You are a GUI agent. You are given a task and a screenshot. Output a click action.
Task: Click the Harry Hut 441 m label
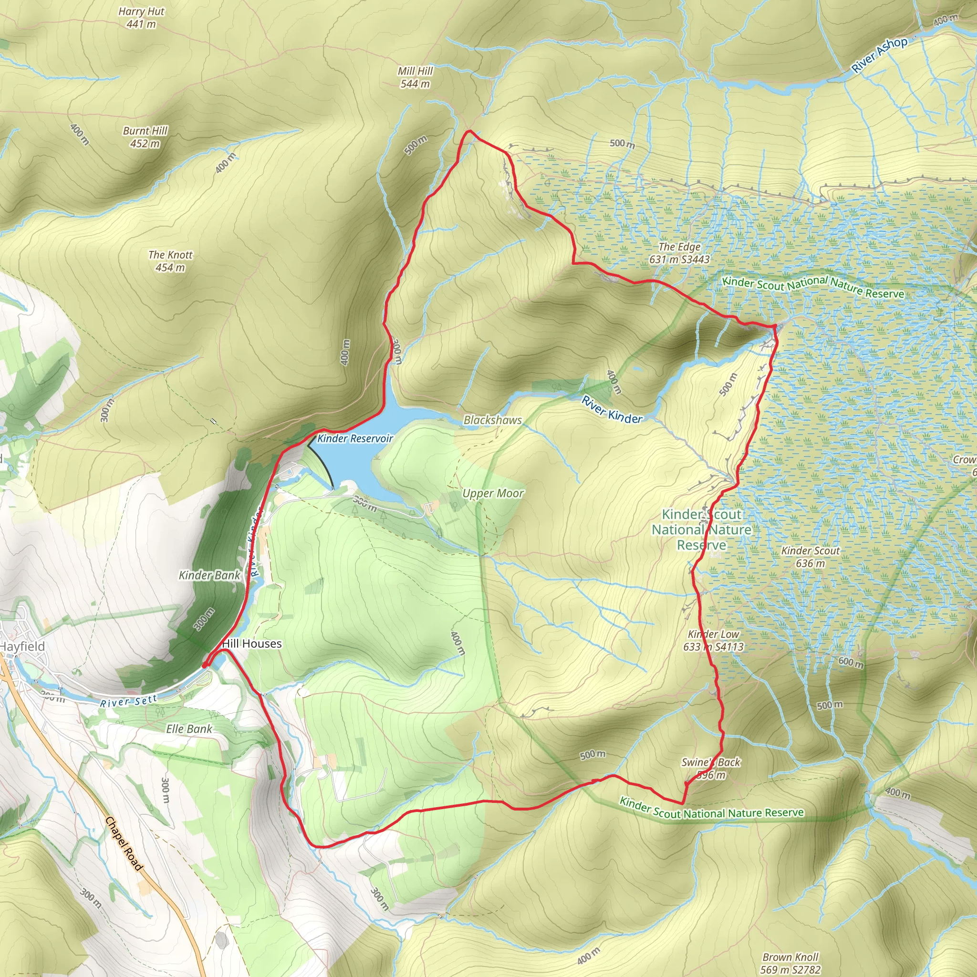pyautogui.click(x=141, y=18)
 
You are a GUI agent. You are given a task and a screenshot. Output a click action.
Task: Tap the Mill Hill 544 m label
pyautogui.click(x=415, y=77)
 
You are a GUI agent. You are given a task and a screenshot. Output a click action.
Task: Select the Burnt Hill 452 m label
pyautogui.click(x=145, y=137)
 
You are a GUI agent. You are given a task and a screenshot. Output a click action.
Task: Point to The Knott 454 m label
pyautogui.click(x=170, y=261)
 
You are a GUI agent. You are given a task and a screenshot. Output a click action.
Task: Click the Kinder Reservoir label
pyautogui.click(x=355, y=438)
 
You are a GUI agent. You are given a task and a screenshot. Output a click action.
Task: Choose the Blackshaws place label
pyautogui.click(x=492, y=420)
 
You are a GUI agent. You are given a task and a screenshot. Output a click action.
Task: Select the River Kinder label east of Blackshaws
pyautogui.click(x=612, y=410)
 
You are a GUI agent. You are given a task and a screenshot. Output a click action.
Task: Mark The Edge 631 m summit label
pyautogui.click(x=679, y=253)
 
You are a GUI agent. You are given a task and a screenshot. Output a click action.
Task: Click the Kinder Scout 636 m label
pyautogui.click(x=811, y=557)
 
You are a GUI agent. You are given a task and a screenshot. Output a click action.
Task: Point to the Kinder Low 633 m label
pyautogui.click(x=714, y=640)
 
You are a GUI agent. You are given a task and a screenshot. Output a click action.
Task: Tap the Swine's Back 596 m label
pyautogui.click(x=710, y=768)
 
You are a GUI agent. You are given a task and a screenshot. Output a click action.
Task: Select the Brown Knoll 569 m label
pyautogui.click(x=790, y=963)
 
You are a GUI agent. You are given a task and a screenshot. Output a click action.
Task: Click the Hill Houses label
pyautogui.click(x=252, y=644)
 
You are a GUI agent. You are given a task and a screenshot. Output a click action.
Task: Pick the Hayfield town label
pyautogui.click(x=22, y=646)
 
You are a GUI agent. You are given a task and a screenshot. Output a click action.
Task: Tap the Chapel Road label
pyautogui.click(x=124, y=844)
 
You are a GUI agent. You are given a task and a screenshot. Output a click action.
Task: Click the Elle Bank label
pyautogui.click(x=189, y=729)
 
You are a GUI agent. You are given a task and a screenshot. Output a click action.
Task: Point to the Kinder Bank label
pyautogui.click(x=209, y=575)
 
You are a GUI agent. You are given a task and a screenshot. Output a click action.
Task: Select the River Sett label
pyautogui.click(x=128, y=702)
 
